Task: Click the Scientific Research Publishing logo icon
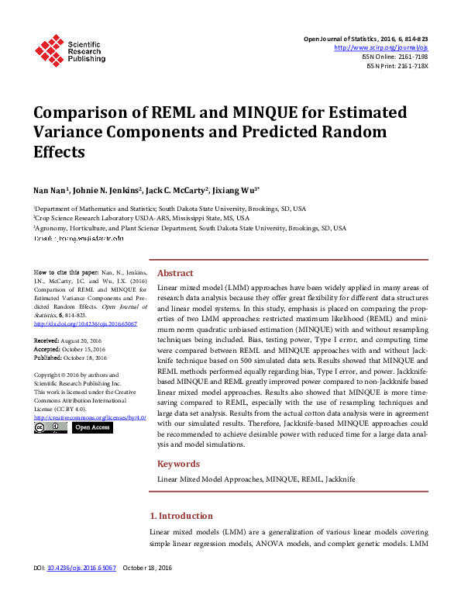point(50,49)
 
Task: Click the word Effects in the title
point(59,151)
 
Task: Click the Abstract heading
point(175,273)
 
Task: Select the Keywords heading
point(179,464)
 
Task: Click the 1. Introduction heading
point(181,516)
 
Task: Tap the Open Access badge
point(91,427)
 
